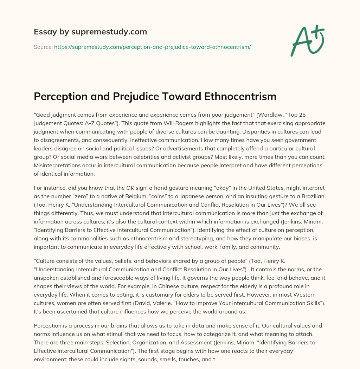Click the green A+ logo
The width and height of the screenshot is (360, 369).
[307, 41]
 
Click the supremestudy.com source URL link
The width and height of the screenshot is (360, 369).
[152, 47]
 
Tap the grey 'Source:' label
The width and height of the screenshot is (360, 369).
[43, 47]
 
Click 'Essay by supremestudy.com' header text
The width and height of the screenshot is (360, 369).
[90, 32]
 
